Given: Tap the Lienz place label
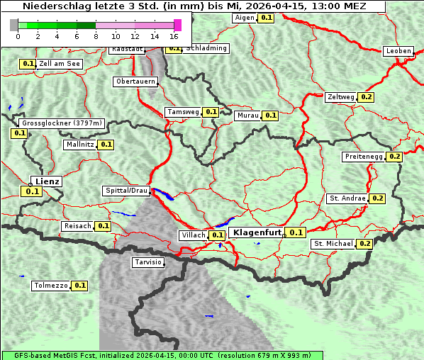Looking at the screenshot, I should (x=48, y=181).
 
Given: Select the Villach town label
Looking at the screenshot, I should (x=194, y=235).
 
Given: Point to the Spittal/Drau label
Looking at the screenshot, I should (x=127, y=191).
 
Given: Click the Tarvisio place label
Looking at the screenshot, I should (x=148, y=262).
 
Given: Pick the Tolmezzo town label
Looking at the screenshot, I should (x=51, y=286).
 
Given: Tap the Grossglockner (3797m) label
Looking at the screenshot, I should (x=62, y=123).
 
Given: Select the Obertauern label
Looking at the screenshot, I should (x=135, y=81).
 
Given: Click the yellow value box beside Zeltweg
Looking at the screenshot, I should (x=367, y=97).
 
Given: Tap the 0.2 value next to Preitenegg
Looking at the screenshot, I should (x=394, y=157).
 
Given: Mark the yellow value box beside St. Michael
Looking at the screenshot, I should (x=364, y=244).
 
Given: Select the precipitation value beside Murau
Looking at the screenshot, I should (x=270, y=116).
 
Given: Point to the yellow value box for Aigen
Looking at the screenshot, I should (x=265, y=18).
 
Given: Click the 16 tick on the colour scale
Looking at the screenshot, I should (x=174, y=35).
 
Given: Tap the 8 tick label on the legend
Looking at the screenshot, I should (x=96, y=35).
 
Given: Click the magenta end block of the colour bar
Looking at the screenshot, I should (x=177, y=25).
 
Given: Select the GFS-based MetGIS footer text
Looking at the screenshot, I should (x=162, y=355).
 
